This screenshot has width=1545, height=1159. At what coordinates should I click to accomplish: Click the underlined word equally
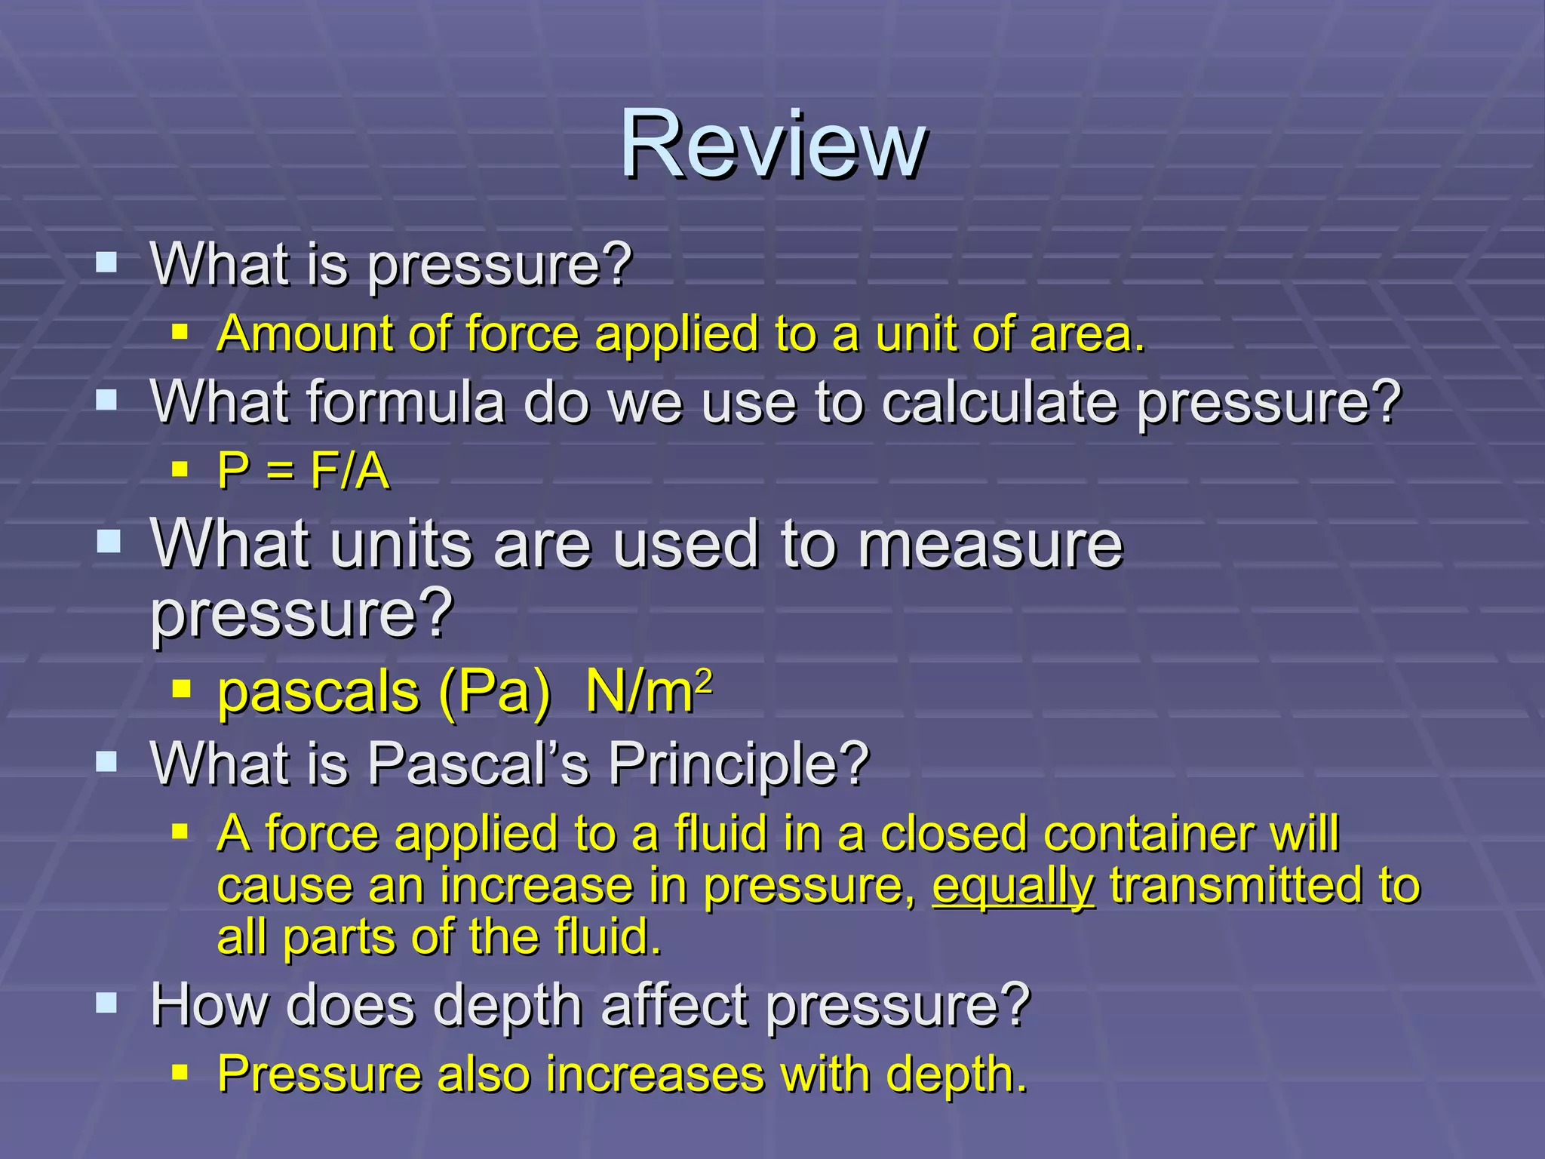[1012, 886]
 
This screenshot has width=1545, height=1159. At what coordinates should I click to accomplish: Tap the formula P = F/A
[303, 472]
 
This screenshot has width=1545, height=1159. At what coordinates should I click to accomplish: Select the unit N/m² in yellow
[648, 691]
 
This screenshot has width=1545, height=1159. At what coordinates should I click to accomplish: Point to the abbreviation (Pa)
[494, 693]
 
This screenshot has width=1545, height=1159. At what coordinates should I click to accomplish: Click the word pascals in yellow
[318, 693]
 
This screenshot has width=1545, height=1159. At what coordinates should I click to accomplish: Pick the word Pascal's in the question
[478, 764]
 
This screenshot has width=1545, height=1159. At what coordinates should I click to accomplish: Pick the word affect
[674, 1005]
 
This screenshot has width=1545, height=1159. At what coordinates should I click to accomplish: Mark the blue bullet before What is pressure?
[107, 263]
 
